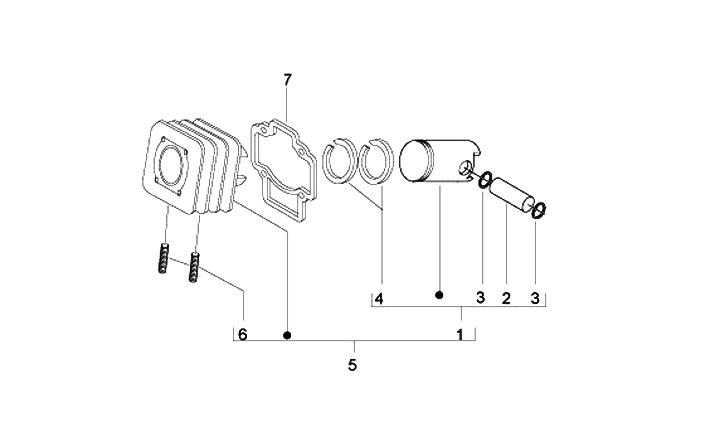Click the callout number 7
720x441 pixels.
(x=287, y=80)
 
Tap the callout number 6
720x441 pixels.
(x=242, y=334)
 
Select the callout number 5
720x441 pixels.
(x=352, y=365)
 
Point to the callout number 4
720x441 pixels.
(x=379, y=299)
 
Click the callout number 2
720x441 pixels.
(x=506, y=299)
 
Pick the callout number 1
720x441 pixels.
(x=460, y=334)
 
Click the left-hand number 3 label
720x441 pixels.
(x=480, y=298)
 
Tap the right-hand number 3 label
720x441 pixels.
(x=535, y=298)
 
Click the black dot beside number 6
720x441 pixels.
(x=287, y=336)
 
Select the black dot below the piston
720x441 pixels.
(x=439, y=295)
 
